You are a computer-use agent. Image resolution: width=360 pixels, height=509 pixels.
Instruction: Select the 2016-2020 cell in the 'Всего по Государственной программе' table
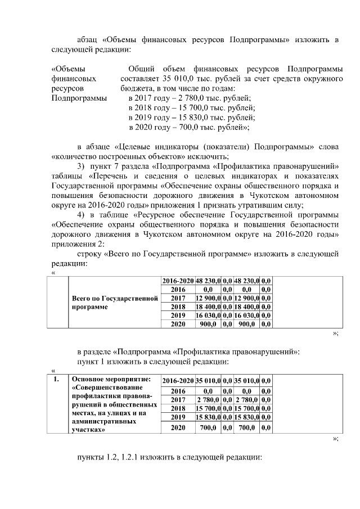point(178,280)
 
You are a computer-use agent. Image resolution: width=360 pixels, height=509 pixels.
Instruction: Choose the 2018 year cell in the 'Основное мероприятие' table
point(178,408)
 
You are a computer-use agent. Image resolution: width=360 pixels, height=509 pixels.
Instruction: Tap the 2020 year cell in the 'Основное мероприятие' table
point(178,427)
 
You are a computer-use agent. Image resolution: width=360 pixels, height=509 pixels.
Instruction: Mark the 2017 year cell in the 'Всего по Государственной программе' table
point(178,298)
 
